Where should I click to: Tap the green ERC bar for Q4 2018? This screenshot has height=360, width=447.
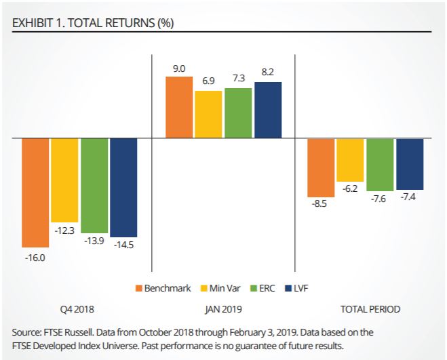(x=94, y=186)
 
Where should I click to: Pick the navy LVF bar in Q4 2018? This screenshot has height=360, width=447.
(x=123, y=187)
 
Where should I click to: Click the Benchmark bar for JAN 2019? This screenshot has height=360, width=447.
(x=179, y=107)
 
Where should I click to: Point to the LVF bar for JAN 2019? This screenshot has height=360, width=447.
(x=267, y=110)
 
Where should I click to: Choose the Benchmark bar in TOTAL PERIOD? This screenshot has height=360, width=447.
(x=321, y=167)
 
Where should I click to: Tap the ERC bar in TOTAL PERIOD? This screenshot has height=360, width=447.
(x=381, y=165)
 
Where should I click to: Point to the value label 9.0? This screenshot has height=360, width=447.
(x=179, y=68)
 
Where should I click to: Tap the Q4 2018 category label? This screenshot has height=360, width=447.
(x=76, y=309)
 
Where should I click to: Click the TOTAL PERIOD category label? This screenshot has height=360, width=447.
(x=370, y=309)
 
